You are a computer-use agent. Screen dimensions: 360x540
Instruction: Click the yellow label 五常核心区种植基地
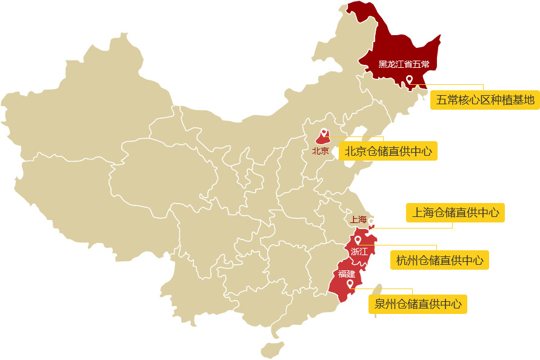(485, 100)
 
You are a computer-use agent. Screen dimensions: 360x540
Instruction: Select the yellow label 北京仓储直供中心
(388, 151)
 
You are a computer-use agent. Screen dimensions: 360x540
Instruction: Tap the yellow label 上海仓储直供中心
(455, 213)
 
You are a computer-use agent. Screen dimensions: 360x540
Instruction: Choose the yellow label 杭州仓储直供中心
(439, 260)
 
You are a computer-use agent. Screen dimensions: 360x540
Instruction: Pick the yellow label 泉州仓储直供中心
(418, 304)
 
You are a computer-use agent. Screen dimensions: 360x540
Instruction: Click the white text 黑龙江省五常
(404, 64)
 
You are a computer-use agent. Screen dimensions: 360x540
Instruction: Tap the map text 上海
(358, 219)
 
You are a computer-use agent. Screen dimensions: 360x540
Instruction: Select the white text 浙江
(359, 251)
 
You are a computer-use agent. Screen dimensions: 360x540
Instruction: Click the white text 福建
(347, 274)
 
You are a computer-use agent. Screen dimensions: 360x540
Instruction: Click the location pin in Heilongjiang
(410, 79)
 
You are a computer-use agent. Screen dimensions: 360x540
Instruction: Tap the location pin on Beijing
(324, 133)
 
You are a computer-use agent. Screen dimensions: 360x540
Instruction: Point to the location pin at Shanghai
(371, 221)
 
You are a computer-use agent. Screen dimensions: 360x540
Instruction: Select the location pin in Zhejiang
(358, 240)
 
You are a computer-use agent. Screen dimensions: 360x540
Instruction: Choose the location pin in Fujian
(350, 283)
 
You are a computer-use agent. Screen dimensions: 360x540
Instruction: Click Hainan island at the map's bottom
(273, 350)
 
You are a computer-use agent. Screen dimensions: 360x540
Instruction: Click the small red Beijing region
(323, 139)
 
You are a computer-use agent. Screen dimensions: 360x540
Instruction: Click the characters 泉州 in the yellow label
(383, 304)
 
